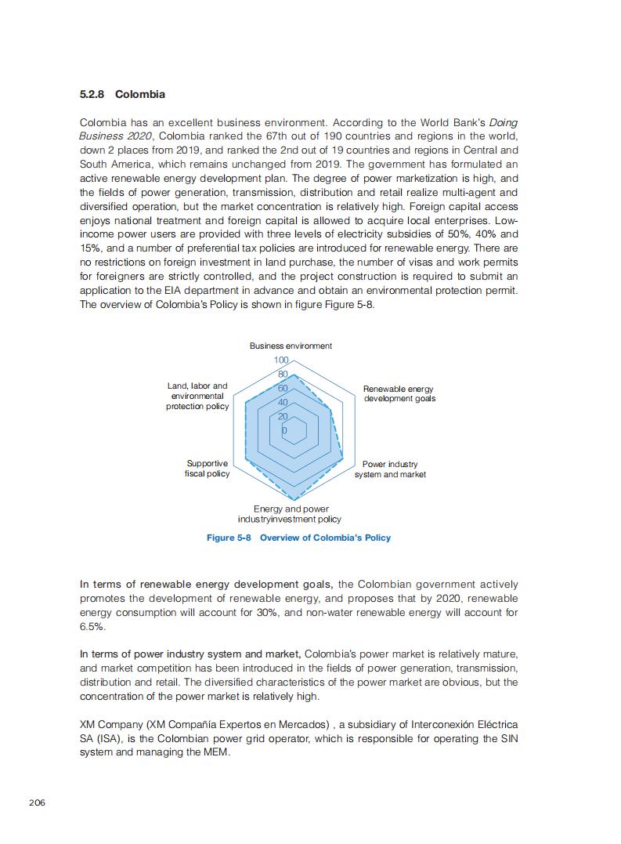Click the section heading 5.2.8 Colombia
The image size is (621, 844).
coord(122,94)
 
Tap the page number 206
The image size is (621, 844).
coord(37,802)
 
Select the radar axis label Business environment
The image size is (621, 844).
coord(291,346)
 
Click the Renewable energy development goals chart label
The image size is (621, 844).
coord(399,393)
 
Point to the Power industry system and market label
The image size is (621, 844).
coord(390,469)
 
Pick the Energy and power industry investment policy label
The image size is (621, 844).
coord(290,514)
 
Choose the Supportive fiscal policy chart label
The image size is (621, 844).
coord(208,469)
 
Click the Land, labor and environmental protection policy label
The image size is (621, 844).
coord(197,396)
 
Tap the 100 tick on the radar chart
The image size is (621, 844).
coord(280,360)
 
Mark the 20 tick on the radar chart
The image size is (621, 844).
coord(282,416)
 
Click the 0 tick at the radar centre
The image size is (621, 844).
coord(284,430)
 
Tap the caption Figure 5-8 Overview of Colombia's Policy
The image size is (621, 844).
coord(298,538)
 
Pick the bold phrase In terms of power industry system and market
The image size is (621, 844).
coord(190,654)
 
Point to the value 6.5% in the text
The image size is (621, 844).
coord(92,627)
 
